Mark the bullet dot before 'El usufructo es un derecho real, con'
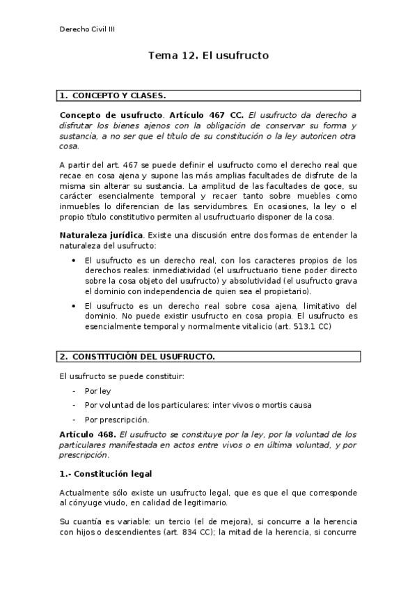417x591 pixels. tap(74, 259)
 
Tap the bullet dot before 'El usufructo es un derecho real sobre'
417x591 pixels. tap(74, 305)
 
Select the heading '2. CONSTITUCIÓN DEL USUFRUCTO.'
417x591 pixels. tap(136, 357)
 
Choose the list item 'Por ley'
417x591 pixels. tap(97, 391)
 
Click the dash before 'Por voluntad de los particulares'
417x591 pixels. tap(74, 405)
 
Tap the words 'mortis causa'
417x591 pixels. tap(288, 405)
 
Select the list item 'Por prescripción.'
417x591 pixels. tap(116, 420)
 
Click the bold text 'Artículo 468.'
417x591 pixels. tap(88, 434)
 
